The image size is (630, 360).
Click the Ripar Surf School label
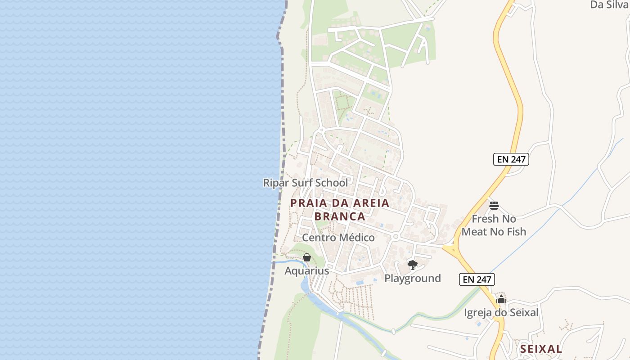click(305, 183)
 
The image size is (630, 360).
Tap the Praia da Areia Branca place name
click(340, 209)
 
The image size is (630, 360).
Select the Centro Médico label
click(338, 238)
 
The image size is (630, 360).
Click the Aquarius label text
click(306, 271)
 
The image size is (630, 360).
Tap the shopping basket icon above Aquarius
click(306, 257)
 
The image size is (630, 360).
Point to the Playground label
click(412, 278)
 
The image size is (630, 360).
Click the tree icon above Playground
click(412, 265)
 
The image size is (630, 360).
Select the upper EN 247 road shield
click(511, 159)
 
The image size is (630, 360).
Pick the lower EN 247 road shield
click(477, 279)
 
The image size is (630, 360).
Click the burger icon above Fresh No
click(494, 206)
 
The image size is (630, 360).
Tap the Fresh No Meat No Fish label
click(494, 225)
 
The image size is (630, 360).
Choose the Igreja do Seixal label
click(501, 312)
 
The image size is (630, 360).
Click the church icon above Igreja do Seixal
click(501, 299)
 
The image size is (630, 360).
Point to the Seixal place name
click(541, 349)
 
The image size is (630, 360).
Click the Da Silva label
click(609, 4)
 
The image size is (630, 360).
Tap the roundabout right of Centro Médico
click(396, 236)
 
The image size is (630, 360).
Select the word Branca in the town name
click(340, 216)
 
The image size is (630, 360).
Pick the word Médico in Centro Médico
click(355, 238)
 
